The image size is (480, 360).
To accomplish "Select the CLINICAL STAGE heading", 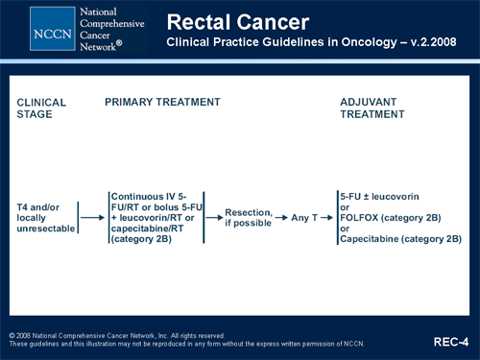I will point(41,108).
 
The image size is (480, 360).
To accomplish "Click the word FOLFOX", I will point(363,217).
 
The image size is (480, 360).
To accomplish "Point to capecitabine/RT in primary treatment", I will point(145,228).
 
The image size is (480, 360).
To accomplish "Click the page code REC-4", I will point(451,341).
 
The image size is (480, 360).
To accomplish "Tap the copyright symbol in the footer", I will point(12,335).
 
